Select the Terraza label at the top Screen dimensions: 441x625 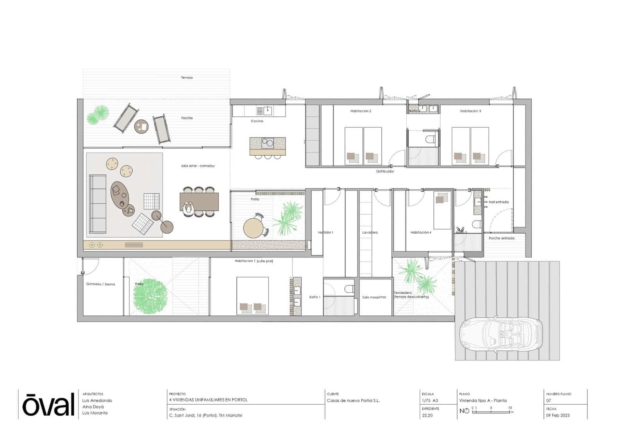[x=187, y=78]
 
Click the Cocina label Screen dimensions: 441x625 [x=257, y=121]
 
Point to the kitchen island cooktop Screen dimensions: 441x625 [x=268, y=143]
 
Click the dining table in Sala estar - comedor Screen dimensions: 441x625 [x=199, y=202]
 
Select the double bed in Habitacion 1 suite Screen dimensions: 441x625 [x=253, y=295]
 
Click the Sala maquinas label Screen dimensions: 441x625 [x=374, y=297]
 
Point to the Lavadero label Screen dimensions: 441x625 [x=370, y=233]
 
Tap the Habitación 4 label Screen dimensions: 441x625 [x=421, y=233]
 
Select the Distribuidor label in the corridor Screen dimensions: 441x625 [x=385, y=171]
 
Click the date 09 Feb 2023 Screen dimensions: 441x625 [x=557, y=415]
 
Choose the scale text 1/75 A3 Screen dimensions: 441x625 [x=430, y=400]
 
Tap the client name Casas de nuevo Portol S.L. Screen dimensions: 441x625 [x=353, y=400]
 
